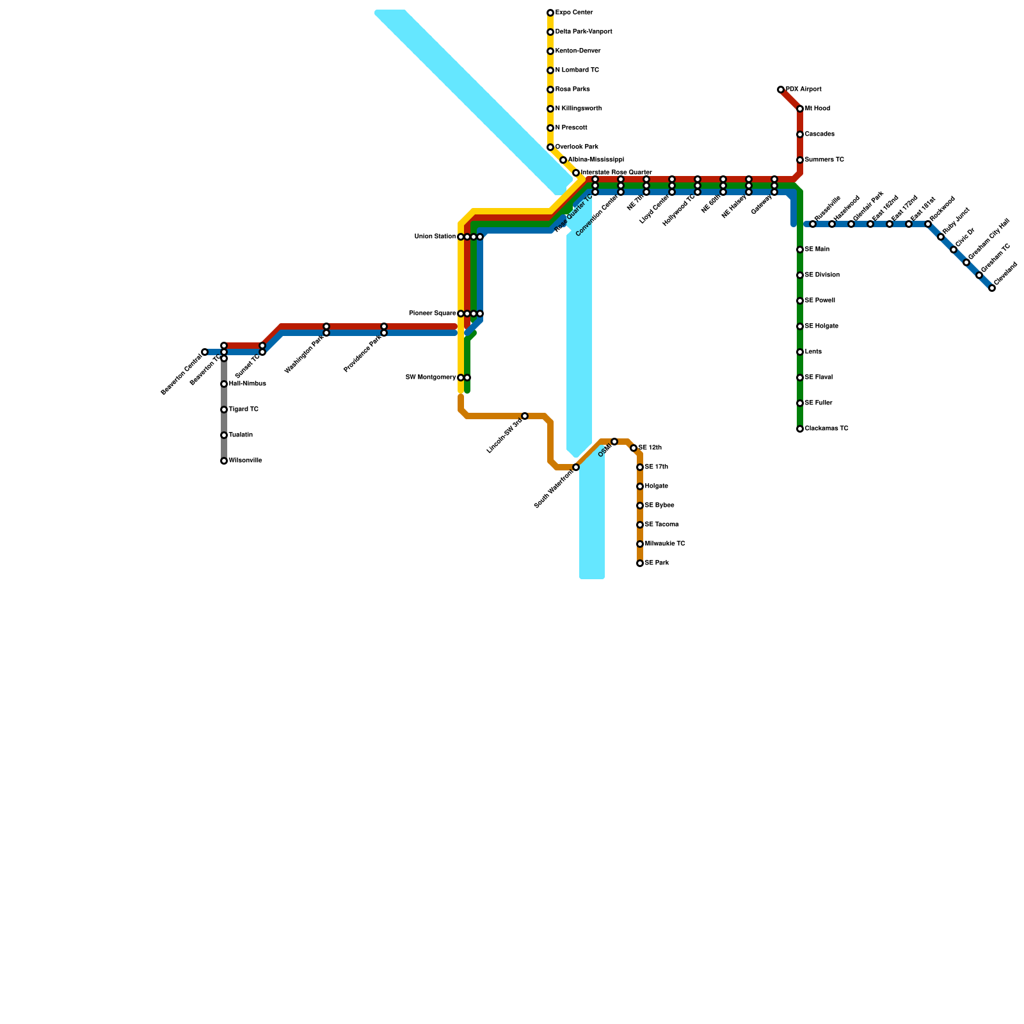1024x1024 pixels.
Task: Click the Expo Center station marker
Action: [550, 13]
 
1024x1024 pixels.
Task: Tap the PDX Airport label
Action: [803, 90]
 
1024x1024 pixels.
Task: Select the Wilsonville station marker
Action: [224, 461]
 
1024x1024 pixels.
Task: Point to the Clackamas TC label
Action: [826, 429]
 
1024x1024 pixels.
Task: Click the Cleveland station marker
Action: [992, 288]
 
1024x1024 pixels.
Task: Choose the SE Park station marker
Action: [640, 563]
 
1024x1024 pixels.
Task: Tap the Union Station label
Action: [435, 237]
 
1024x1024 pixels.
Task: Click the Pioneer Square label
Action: [433, 314]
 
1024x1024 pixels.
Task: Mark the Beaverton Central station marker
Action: [205, 352]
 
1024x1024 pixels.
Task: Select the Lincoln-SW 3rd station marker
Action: [525, 416]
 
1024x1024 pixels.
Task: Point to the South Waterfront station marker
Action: [576, 467]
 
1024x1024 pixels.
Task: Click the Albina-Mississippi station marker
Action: [563, 160]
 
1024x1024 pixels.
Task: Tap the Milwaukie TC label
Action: [665, 544]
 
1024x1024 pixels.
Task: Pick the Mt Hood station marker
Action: [800, 109]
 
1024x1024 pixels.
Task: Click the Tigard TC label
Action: [244, 410]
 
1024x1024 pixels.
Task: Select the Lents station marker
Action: [800, 352]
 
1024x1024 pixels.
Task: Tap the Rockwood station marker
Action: [928, 224]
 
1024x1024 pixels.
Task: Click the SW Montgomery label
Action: [431, 378]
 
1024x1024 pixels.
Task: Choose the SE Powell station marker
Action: [800, 301]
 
